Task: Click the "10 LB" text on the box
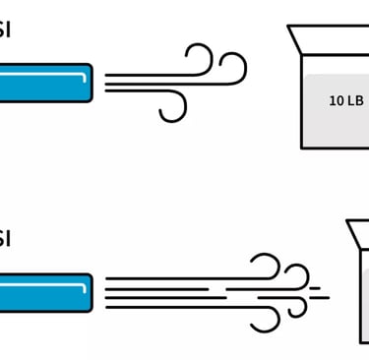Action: click(344, 100)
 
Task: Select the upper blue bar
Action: click(45, 82)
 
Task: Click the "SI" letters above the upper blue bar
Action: click(6, 30)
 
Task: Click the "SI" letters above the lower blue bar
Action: click(6, 239)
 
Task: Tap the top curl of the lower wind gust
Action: click(266, 267)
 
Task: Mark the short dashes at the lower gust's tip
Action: click(319, 293)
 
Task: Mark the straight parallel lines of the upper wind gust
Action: click(138, 83)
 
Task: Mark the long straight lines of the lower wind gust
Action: click(167, 292)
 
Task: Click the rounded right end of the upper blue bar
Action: click(91, 82)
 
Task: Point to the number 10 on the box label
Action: click(336, 100)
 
